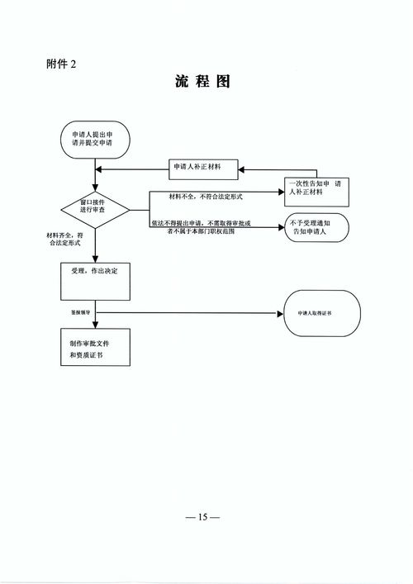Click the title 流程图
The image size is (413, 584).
[x=202, y=83]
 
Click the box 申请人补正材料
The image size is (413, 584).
[x=203, y=168]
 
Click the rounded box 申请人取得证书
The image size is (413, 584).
[x=322, y=314]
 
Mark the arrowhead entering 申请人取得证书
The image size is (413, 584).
[x=280, y=313]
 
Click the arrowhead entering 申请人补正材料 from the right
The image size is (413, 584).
[x=241, y=169]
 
